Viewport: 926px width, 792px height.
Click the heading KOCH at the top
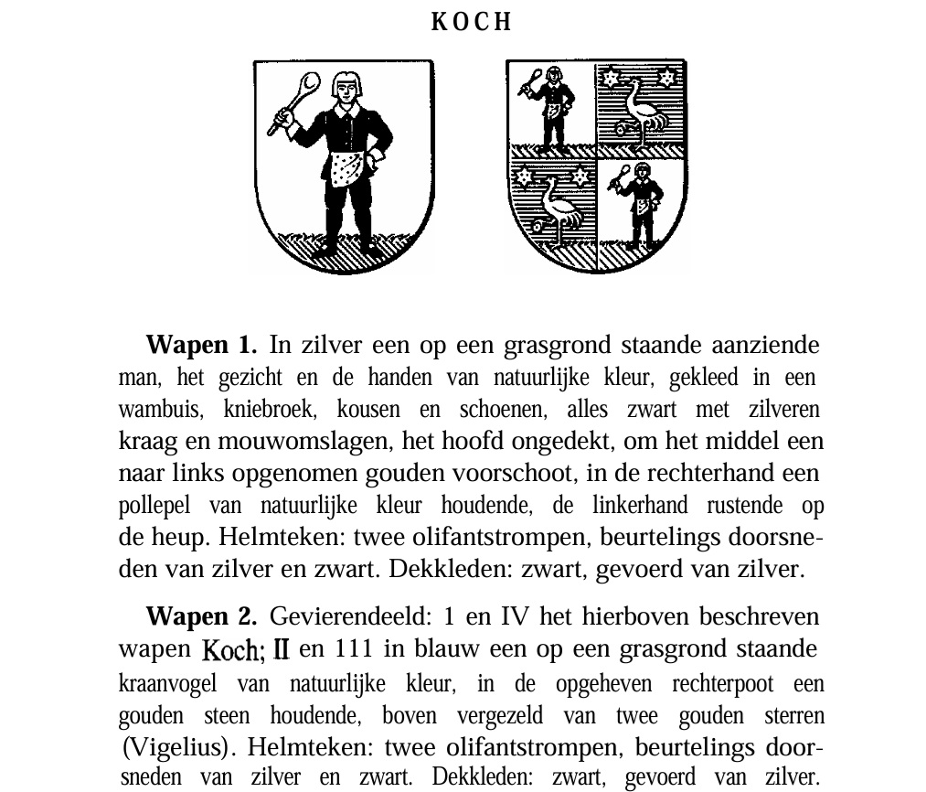click(471, 23)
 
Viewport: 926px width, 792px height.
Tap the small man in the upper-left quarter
click(552, 110)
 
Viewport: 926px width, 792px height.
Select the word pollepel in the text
click(151, 506)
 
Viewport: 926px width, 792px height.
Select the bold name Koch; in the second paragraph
click(234, 650)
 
